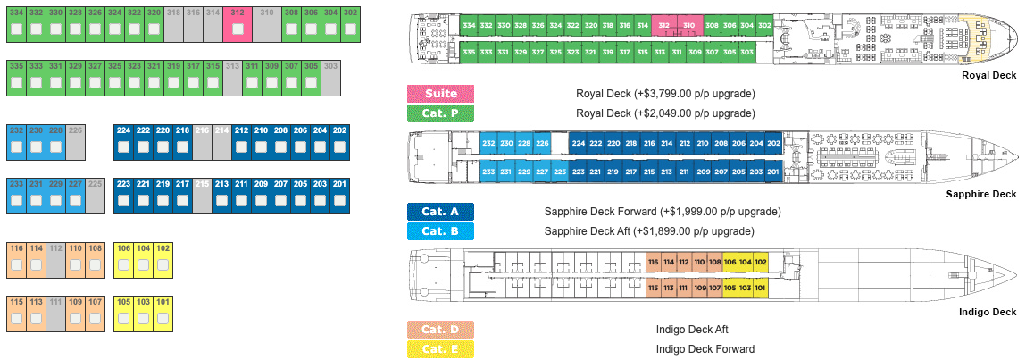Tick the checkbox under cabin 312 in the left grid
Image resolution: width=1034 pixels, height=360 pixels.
click(238, 30)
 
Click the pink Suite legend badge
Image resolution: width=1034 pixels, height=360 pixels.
click(440, 94)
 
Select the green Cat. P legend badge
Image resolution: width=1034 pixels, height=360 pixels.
click(440, 113)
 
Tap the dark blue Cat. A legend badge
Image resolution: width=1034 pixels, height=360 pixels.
click(440, 212)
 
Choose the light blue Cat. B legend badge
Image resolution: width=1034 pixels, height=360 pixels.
click(440, 231)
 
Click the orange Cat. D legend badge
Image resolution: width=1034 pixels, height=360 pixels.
click(440, 330)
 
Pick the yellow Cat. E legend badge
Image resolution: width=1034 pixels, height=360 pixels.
click(440, 349)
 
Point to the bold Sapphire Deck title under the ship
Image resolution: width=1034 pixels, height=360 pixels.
click(980, 194)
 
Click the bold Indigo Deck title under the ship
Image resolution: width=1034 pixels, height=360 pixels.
click(987, 312)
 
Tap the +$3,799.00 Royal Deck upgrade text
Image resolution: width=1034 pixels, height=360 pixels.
click(666, 94)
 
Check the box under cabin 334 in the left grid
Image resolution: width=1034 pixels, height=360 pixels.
click(16, 30)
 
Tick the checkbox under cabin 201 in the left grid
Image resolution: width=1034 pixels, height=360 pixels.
click(340, 201)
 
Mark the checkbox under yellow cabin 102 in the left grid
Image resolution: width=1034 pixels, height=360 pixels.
click(163, 265)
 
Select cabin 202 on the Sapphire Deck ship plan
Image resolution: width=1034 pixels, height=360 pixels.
click(773, 144)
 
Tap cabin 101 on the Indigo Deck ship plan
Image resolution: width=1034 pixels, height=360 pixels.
click(760, 288)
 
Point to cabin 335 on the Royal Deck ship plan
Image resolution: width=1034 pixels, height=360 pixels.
click(469, 52)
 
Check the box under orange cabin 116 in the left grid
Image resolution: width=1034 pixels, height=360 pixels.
click(16, 265)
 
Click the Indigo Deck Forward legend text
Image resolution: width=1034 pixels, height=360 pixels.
click(705, 349)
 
